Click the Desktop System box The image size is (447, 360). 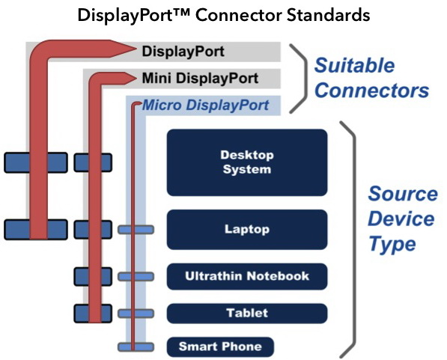247,162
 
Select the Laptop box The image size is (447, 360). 247,230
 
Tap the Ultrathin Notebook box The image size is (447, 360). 247,276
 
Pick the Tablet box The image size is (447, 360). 247,314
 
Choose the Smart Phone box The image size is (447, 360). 220,347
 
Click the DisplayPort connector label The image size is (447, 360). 183,52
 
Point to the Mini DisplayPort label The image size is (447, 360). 200,79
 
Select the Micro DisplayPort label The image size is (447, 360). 205,106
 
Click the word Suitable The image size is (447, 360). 354,66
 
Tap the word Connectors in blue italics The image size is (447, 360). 371,91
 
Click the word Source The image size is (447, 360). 403,194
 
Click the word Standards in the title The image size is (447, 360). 329,15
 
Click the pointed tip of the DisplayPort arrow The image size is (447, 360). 136,49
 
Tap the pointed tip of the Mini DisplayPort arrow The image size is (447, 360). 136,78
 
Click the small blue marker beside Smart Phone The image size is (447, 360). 136,347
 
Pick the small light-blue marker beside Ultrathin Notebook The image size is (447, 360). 136,276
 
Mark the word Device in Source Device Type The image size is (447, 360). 401,219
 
